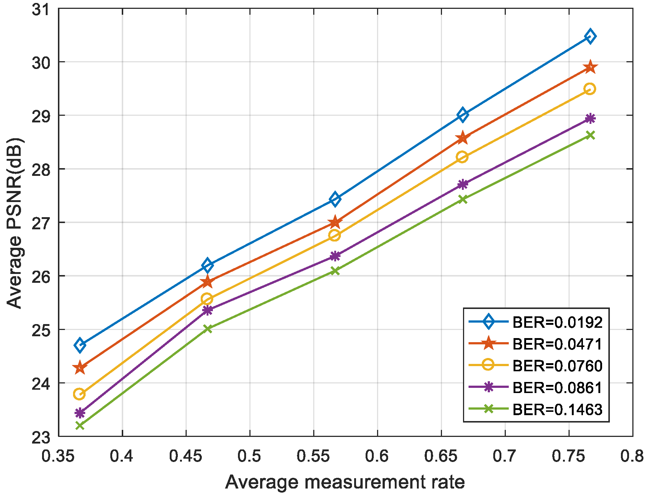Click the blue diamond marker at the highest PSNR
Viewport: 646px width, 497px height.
pyautogui.click(x=590, y=36)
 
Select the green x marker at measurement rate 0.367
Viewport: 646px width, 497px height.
pyautogui.click(x=80, y=425)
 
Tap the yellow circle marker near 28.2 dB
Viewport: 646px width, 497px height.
pyautogui.click(x=462, y=157)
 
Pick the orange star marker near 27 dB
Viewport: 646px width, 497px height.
pyautogui.click(x=335, y=222)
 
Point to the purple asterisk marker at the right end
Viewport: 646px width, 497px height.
pyautogui.click(x=590, y=118)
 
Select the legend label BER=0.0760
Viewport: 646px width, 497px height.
pyautogui.click(x=557, y=366)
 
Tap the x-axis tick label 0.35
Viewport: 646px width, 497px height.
pyautogui.click(x=58, y=456)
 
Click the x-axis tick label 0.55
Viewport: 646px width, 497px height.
pyautogui.click(x=313, y=456)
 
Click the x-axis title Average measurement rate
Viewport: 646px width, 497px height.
pyautogui.click(x=345, y=482)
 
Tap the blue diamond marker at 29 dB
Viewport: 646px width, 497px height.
pyautogui.click(x=462, y=115)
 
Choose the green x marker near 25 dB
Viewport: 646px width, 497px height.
pyautogui.click(x=208, y=329)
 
